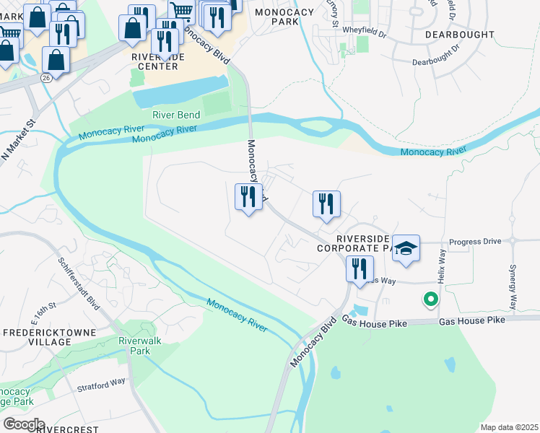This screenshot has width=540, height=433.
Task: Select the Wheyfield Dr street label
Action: click(365, 30)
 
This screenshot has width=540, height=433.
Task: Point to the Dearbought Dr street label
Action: click(436, 55)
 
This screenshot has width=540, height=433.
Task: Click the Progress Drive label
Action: click(474, 242)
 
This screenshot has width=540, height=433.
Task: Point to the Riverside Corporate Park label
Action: click(361, 242)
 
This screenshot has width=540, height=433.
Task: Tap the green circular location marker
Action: click(430, 297)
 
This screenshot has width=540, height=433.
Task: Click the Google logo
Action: click(23, 424)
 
